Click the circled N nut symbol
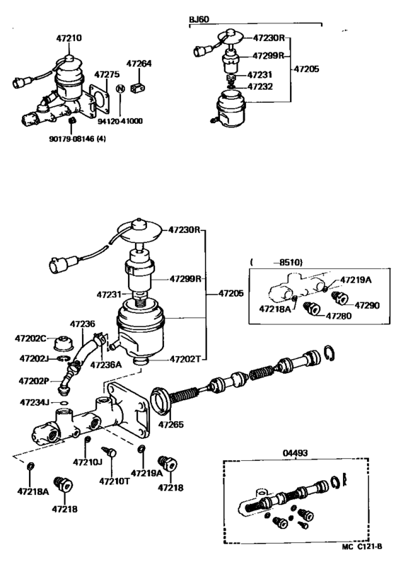pyautogui.click(x=120, y=89)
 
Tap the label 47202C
pyautogui.click(x=33, y=338)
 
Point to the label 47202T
pyautogui.click(x=185, y=359)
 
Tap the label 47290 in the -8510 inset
pyautogui.click(x=367, y=305)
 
